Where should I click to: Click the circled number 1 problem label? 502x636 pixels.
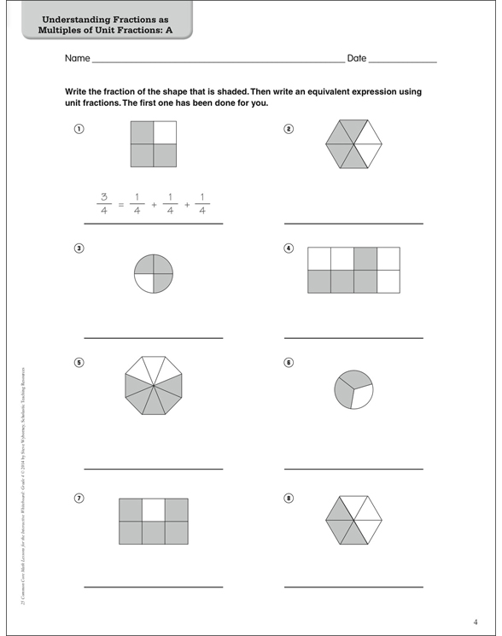(x=79, y=129)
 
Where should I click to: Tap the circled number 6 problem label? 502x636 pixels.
(x=289, y=362)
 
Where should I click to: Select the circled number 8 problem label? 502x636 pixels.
(x=289, y=498)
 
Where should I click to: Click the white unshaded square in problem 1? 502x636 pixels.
(x=165, y=131)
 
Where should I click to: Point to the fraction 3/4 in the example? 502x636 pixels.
(x=103, y=204)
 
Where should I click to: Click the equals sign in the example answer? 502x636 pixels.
(x=121, y=205)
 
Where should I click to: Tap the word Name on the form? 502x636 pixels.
(x=77, y=59)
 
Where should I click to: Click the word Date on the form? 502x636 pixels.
(x=357, y=59)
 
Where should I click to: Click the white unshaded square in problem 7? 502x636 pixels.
(x=153, y=510)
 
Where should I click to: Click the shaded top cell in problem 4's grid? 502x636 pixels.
(x=365, y=258)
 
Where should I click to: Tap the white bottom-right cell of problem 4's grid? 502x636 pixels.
(x=388, y=281)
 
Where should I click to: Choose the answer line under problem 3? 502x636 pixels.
(x=153, y=338)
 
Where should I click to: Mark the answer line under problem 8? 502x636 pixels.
(x=353, y=587)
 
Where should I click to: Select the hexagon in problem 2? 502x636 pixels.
(x=353, y=144)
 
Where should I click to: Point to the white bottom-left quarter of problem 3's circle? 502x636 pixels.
(x=144, y=284)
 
